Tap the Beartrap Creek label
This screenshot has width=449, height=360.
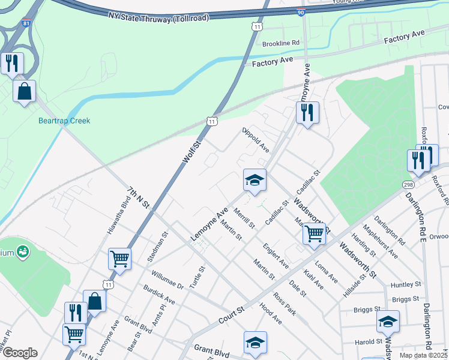64,121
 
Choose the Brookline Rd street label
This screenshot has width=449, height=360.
281,43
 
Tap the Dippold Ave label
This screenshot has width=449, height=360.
256,140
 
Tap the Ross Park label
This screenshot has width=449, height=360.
285,304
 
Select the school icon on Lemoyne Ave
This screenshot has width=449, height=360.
255,180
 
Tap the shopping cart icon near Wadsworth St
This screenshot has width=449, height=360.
314,233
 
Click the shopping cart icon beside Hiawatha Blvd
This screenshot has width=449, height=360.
119,259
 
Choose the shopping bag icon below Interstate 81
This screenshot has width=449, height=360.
25,91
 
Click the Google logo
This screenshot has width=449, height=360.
20,353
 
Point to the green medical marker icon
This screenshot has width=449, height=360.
23,252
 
